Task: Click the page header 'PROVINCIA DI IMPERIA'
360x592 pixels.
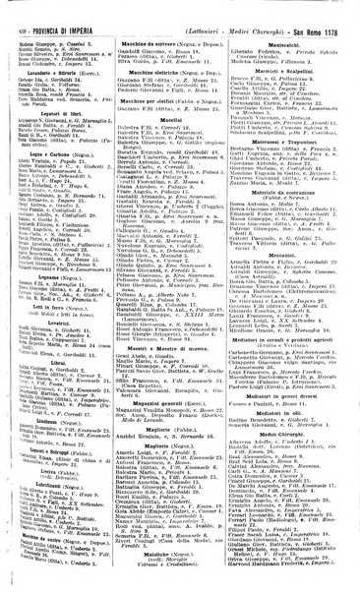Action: click(x=54, y=9)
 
